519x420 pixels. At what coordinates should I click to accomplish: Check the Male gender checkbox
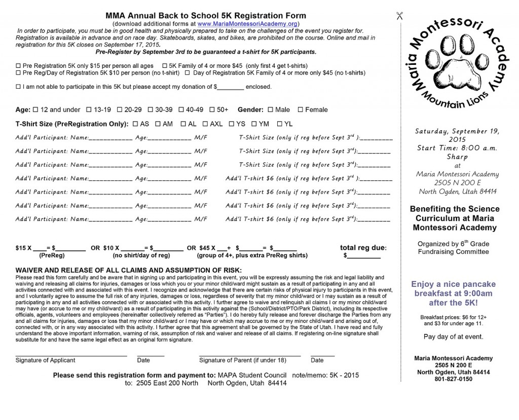point(270,110)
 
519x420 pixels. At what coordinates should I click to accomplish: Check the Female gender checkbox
point(301,110)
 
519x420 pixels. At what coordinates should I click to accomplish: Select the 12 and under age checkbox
point(35,110)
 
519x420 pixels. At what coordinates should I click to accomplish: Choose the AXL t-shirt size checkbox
point(205,124)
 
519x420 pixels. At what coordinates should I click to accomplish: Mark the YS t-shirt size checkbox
point(232,124)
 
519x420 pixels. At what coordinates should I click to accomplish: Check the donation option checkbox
point(19,87)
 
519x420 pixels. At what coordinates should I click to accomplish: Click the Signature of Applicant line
point(71,355)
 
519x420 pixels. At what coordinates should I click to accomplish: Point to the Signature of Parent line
point(250,355)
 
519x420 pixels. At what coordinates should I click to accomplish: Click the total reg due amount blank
point(363,257)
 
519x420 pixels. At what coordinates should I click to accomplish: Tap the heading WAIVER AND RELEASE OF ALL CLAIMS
point(129,270)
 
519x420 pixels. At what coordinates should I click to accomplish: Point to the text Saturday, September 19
point(457,131)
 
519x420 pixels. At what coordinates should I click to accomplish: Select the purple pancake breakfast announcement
point(453,293)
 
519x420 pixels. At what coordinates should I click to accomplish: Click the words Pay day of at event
point(453,337)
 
